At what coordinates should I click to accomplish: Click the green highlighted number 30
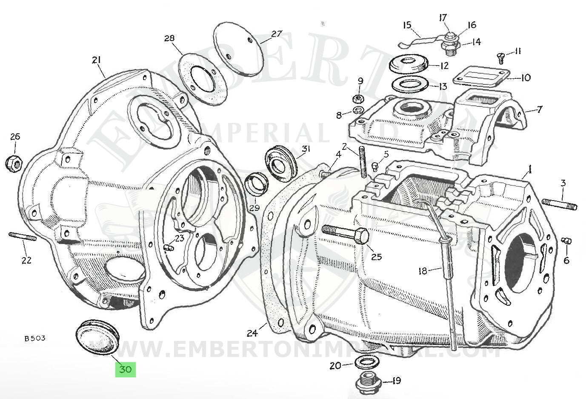coord(125,369)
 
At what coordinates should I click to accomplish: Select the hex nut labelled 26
coord(14,163)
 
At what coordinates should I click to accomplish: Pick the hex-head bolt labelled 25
coord(345,234)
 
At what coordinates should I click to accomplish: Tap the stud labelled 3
coord(560,204)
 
